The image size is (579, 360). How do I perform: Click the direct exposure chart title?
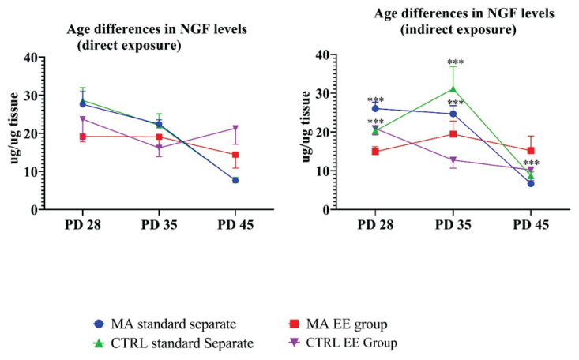(x=135, y=37)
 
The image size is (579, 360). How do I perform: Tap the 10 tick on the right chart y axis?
(x=327, y=171)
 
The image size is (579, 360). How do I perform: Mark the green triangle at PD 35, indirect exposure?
(x=453, y=89)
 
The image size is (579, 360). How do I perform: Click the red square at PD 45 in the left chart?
(x=235, y=155)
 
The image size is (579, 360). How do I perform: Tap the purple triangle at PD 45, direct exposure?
(x=235, y=128)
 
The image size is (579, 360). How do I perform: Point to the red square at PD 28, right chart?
(x=375, y=152)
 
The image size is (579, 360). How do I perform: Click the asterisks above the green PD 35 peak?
(x=455, y=63)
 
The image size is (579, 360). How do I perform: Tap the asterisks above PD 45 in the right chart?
(x=531, y=163)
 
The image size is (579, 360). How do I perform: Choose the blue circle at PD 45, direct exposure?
(x=235, y=180)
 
